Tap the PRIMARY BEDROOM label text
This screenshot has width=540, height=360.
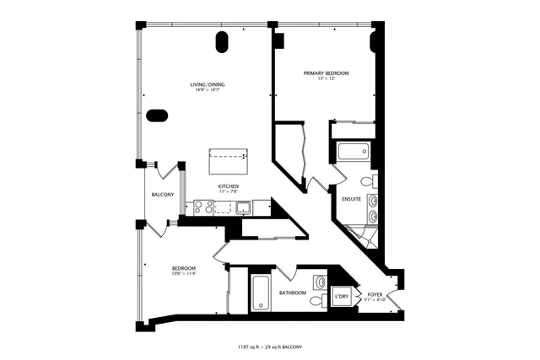click(326, 73)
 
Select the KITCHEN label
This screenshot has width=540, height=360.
click(229, 185)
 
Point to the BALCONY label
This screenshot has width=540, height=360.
click(163, 195)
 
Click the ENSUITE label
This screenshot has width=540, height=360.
click(352, 199)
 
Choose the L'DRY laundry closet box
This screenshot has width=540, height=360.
click(342, 297)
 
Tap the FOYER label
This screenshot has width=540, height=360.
click(375, 294)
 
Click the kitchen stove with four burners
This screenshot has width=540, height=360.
click(203, 204)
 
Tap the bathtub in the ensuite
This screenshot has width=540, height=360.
click(352, 152)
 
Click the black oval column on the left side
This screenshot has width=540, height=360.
click(157, 116)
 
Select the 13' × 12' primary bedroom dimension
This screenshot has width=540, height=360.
click(326, 79)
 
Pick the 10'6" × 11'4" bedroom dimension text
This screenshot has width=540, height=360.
click(184, 272)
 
